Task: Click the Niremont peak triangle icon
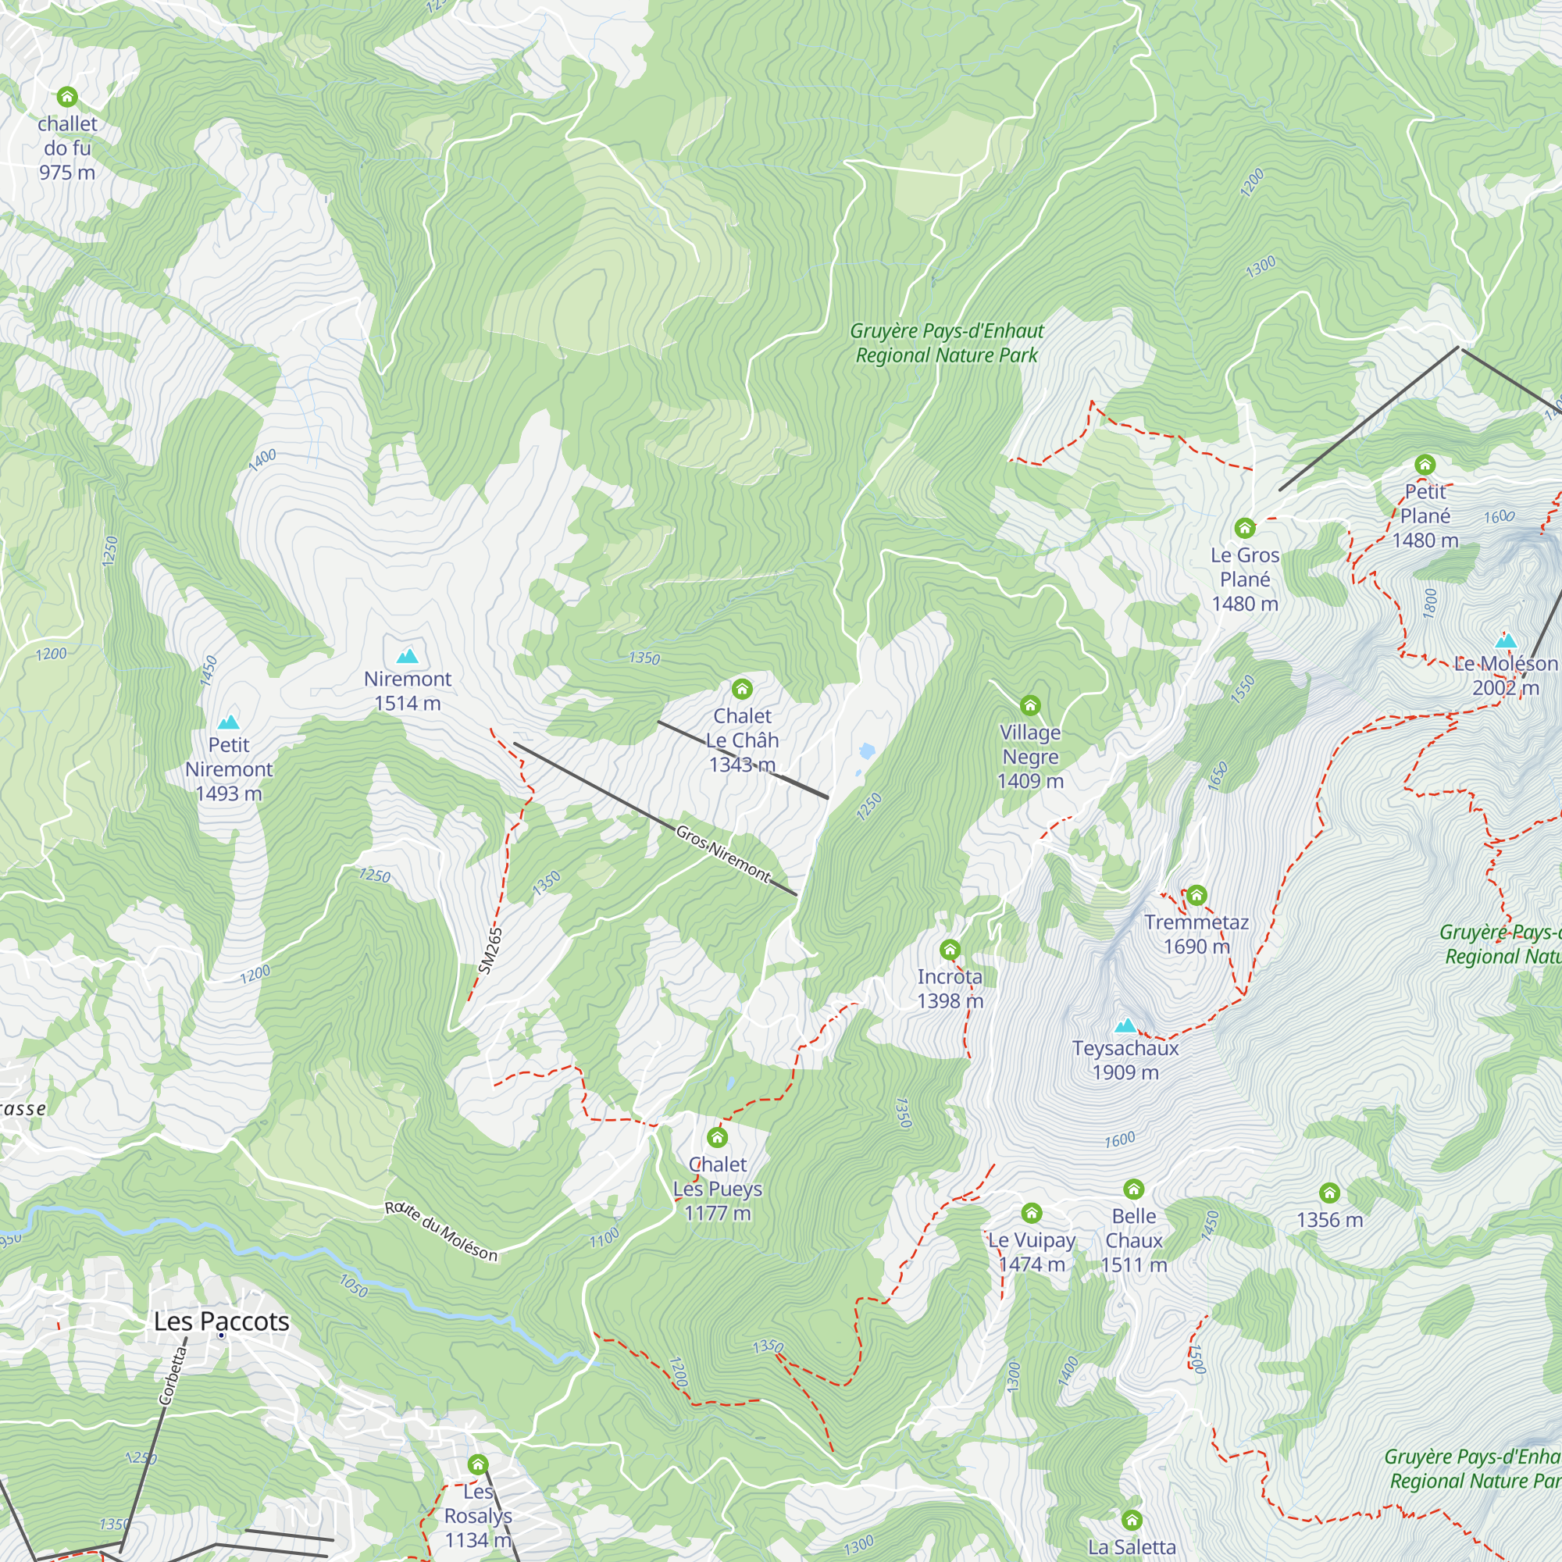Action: point(408,656)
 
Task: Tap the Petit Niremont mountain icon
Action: point(229,722)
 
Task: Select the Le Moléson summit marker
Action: point(1506,641)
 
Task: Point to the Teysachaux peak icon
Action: point(1125,1026)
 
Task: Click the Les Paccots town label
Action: point(222,1322)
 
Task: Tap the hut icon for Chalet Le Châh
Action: point(742,689)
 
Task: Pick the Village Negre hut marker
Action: point(1030,706)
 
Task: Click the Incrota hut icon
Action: point(950,949)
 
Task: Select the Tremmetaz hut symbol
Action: point(1196,895)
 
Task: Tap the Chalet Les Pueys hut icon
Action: point(717,1138)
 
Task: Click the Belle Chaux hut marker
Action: point(1133,1189)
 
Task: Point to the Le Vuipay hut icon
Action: point(1032,1213)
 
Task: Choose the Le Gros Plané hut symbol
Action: point(1245,528)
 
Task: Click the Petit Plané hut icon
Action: point(1425,464)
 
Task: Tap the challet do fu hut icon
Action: point(67,97)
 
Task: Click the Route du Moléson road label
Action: point(440,1232)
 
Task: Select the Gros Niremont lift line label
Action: point(724,853)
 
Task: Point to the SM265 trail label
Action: point(490,950)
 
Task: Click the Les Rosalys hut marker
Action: point(478,1464)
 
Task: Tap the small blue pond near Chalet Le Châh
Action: point(867,751)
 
